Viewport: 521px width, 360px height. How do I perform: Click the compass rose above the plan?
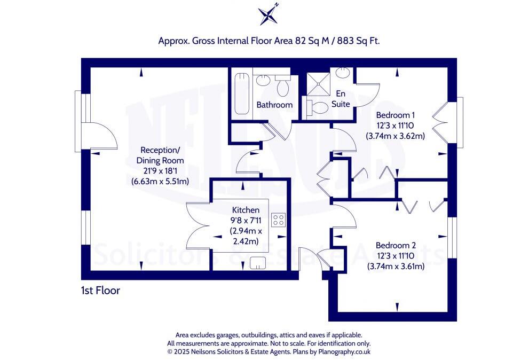click(269, 14)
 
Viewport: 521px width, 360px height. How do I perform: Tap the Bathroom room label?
click(274, 105)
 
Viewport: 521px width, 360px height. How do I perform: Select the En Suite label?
click(341, 99)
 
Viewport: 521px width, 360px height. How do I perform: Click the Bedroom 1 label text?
click(395, 115)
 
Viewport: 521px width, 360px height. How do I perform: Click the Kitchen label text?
click(246, 210)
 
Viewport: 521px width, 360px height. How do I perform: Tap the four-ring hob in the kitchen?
click(279, 220)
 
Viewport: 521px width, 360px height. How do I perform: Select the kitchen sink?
click(258, 263)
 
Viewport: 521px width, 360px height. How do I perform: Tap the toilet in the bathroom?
click(282, 85)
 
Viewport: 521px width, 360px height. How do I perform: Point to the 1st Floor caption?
click(100, 291)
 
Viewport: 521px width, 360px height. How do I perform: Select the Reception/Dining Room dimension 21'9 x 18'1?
click(160, 171)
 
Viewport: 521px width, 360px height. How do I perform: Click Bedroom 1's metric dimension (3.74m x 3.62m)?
click(395, 136)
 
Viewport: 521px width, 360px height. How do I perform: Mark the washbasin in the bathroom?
click(262, 81)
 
